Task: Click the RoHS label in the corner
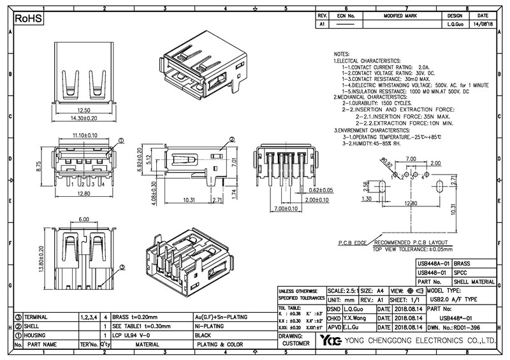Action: click(x=28, y=19)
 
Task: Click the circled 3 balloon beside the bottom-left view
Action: click(x=122, y=268)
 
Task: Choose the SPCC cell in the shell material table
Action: click(x=460, y=272)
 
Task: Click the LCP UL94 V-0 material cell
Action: click(x=131, y=335)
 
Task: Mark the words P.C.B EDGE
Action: click(x=351, y=243)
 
